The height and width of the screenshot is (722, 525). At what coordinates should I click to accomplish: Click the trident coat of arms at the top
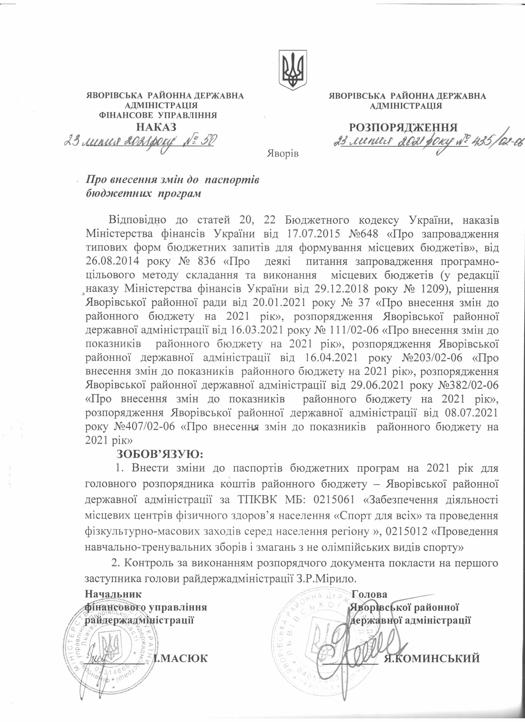tap(293, 69)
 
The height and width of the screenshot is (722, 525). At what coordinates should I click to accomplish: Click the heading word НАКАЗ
tap(156, 127)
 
